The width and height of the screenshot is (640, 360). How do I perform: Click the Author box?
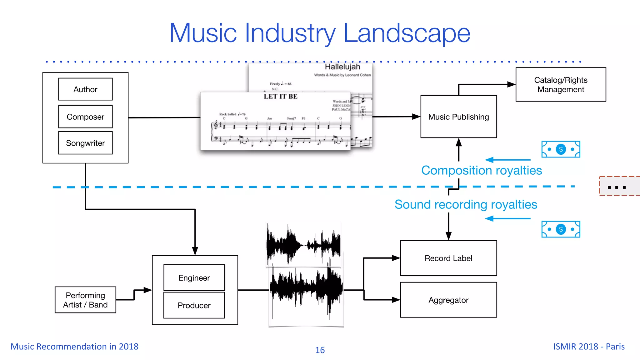click(85, 89)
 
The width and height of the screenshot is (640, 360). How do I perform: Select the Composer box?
click(85, 117)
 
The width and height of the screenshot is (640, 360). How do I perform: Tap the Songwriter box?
click(85, 143)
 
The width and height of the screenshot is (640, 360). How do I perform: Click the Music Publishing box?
click(458, 117)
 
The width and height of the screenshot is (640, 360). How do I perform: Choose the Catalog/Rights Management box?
click(561, 84)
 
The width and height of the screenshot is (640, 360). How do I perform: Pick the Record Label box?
click(448, 258)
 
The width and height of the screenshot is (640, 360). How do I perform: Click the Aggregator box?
click(448, 300)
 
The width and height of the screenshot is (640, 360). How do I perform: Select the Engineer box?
click(194, 278)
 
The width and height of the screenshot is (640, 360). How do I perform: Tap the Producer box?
click(194, 305)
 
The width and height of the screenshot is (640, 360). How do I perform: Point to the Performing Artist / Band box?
click(85, 300)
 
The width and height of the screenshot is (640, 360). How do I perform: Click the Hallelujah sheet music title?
click(342, 67)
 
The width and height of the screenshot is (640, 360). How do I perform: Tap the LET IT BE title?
click(280, 97)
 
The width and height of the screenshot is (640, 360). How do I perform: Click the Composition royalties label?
click(481, 171)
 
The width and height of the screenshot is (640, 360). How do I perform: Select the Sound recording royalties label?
click(466, 205)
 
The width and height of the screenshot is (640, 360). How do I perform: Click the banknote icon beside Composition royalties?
click(561, 149)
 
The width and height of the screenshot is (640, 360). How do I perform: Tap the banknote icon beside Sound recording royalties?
click(561, 229)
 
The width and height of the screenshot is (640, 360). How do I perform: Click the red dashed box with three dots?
click(619, 187)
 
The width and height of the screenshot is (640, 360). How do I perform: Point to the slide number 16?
click(320, 350)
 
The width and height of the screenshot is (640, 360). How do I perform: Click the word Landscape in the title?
click(407, 33)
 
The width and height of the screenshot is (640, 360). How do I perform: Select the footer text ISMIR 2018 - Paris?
click(589, 347)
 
